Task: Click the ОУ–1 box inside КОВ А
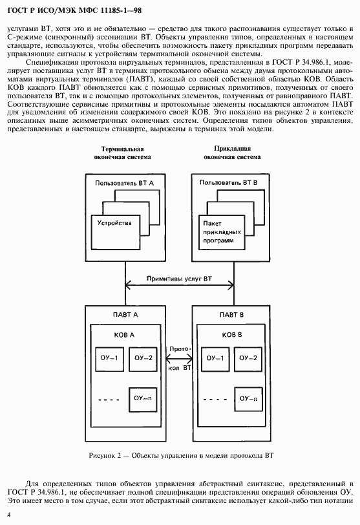109,359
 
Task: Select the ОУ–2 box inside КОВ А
143,359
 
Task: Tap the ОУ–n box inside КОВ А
143,400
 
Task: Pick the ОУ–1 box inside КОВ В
215,359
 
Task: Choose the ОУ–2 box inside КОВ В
248,359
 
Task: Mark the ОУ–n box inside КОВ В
248,400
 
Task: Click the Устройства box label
114,223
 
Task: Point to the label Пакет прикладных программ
222,231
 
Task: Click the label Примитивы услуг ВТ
179,279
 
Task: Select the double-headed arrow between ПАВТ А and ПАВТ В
179,359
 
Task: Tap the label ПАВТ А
125,315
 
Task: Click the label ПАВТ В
231,315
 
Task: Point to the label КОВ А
124,335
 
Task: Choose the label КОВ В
232,335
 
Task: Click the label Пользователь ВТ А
125,183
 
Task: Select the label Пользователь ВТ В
229,183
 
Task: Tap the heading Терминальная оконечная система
122,153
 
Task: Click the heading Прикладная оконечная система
232,153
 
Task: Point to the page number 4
9,515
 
